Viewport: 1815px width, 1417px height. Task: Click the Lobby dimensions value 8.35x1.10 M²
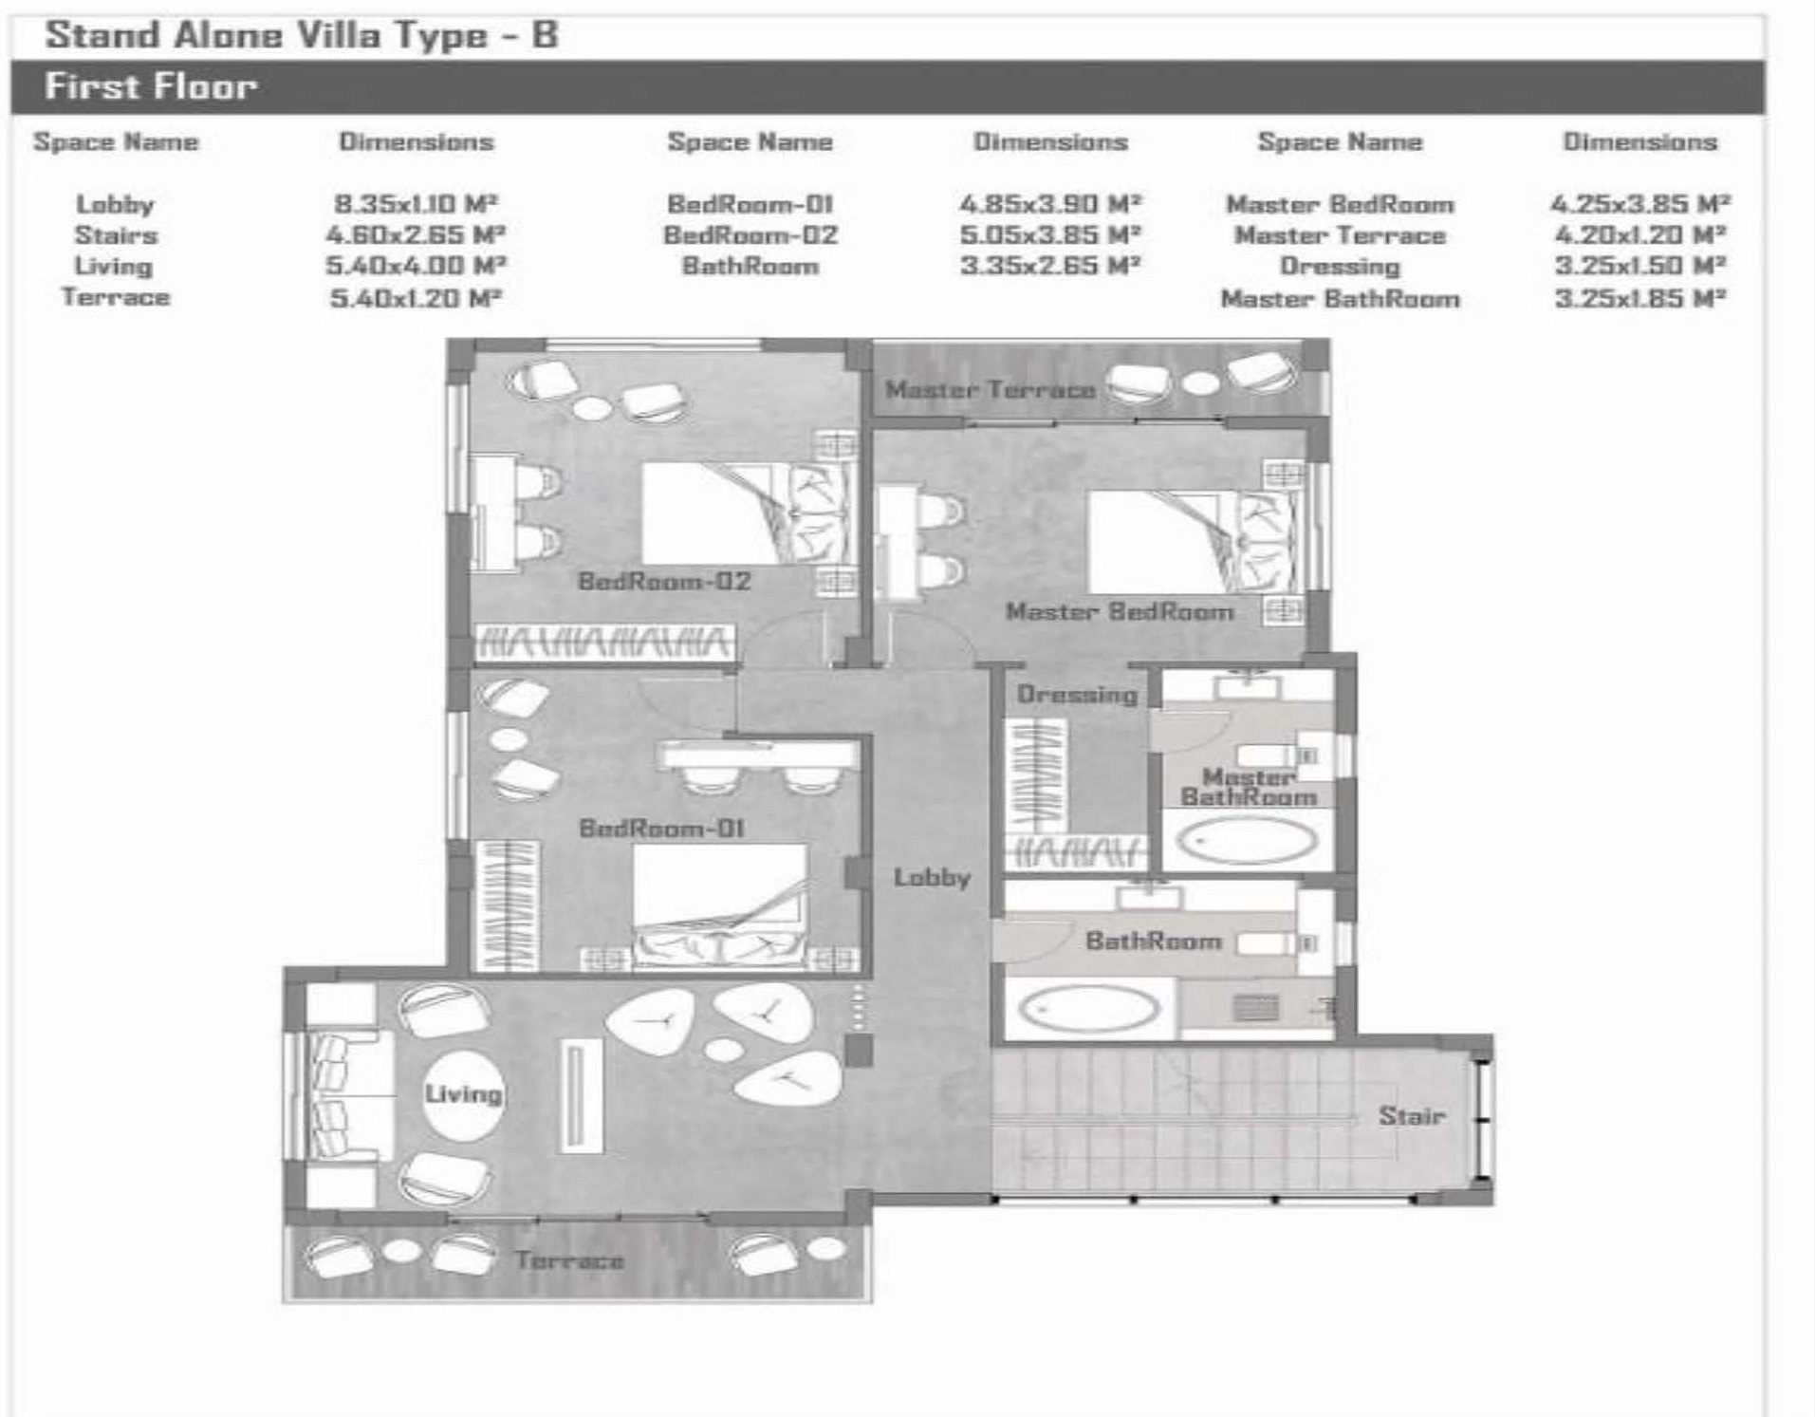(x=416, y=204)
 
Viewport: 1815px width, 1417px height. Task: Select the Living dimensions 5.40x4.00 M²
(x=416, y=267)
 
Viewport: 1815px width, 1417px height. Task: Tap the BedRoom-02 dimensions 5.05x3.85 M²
(x=1050, y=235)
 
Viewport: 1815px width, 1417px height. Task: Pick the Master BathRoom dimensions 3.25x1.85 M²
(x=1640, y=299)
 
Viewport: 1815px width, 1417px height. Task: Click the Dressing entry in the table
(x=1340, y=267)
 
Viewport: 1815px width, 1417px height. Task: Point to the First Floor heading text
(x=151, y=86)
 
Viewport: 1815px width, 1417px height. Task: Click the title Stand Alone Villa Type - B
(x=302, y=35)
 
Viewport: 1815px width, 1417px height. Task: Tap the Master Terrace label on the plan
(x=991, y=389)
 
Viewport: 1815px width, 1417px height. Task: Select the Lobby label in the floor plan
(x=932, y=877)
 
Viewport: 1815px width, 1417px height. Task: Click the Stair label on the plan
(x=1411, y=1115)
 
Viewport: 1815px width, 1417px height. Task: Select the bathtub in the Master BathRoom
(x=1248, y=841)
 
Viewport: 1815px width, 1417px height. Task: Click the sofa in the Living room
(x=341, y=1095)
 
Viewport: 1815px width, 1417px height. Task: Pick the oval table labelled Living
(x=463, y=1095)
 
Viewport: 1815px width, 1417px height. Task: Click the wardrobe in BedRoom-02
(x=604, y=643)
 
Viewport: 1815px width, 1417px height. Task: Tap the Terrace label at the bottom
(x=569, y=1260)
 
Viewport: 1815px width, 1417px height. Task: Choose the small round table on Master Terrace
(x=1200, y=383)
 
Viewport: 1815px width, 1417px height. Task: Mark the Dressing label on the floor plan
(x=1077, y=695)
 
